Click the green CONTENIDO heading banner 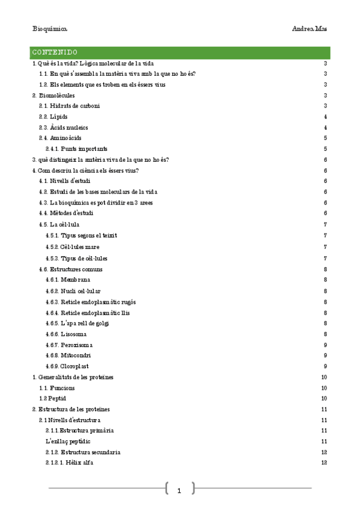tap(180, 52)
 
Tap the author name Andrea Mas tap(310, 28)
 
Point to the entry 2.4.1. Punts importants tap(76, 149)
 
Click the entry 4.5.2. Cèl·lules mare tap(72, 247)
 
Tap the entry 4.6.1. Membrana tap(68, 280)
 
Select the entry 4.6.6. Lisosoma tap(66, 334)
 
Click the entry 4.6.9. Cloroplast tap(67, 366)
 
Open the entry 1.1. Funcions tap(56, 388)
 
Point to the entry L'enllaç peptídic tap(68, 441)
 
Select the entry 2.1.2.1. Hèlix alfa tap(69, 463)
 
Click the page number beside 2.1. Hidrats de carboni tap(325, 106)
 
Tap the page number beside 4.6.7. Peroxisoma tap(325, 345)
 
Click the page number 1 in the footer tap(179, 491)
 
